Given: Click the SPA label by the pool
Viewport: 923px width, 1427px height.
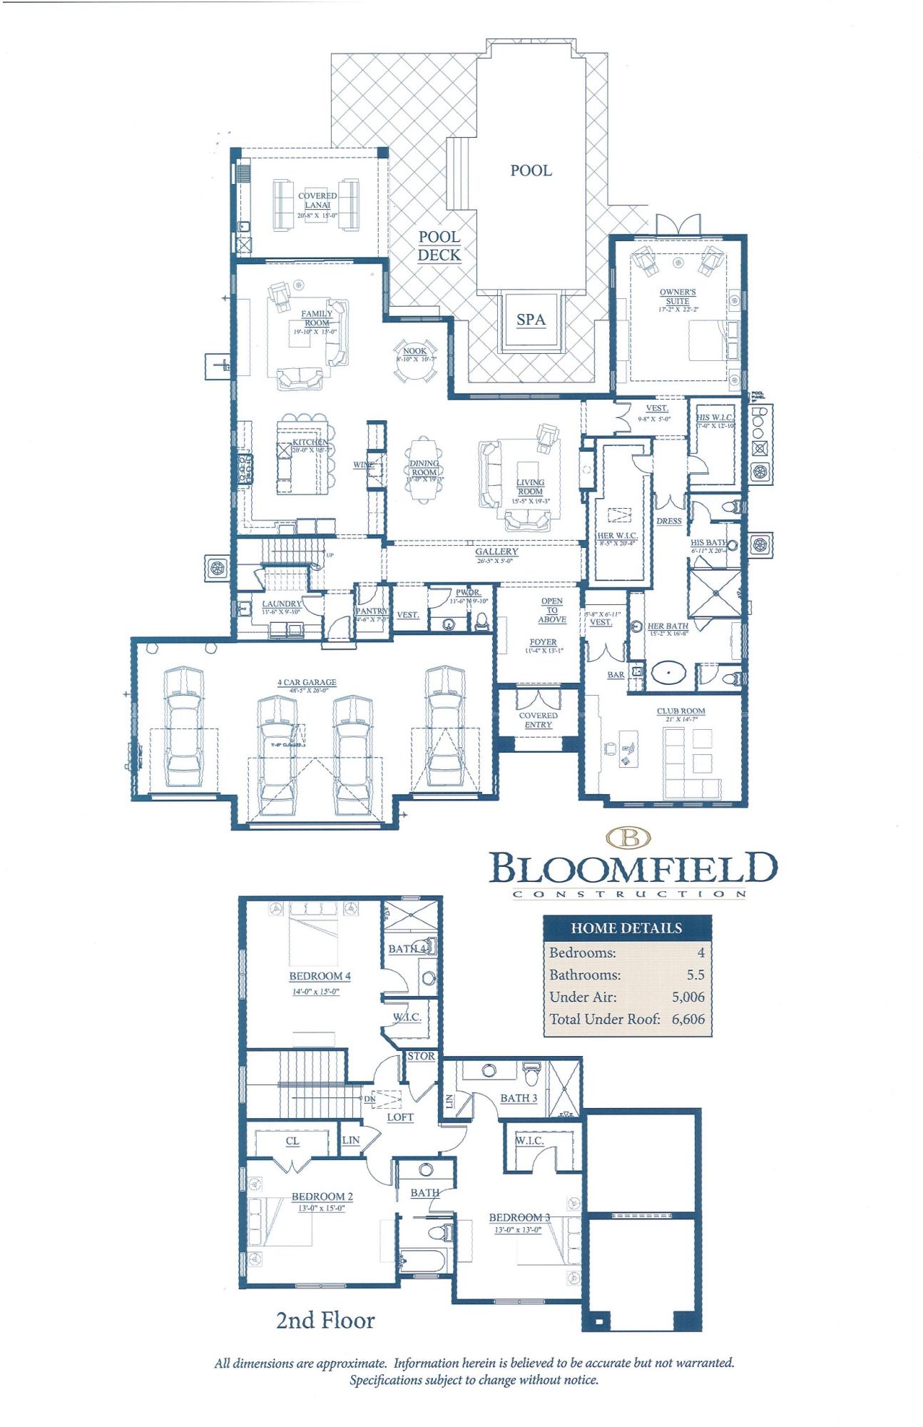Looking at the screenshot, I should point(531,320).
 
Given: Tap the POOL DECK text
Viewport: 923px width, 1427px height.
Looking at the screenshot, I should point(439,246).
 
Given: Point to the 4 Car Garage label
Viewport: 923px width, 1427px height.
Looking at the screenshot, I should point(306,683).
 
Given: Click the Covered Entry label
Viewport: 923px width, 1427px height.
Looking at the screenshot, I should point(538,720).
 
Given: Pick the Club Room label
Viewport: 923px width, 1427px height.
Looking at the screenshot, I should point(680,711).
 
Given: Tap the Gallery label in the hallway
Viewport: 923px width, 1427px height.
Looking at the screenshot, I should point(496,552).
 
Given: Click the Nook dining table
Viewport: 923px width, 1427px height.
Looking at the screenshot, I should point(414,354).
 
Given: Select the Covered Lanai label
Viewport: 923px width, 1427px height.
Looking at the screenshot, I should point(317,200).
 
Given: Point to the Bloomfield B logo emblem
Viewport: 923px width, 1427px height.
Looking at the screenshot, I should point(630,838).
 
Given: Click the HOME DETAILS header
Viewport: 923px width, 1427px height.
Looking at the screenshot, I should point(626,928).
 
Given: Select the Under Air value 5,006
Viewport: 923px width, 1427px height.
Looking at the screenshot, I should point(688,997).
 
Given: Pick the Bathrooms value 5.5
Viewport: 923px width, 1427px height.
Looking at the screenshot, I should point(695,975).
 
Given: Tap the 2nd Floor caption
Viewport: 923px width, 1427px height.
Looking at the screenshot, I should point(325,1321).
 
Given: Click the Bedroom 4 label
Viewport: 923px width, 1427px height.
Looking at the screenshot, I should point(320,976).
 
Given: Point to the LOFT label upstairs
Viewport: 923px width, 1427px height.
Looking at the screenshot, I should point(399,1117).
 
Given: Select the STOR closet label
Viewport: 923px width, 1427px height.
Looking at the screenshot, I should point(421,1056).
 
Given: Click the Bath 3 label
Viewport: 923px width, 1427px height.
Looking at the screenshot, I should point(519,1098).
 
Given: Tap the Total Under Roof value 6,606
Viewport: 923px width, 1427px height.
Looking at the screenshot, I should point(688,1019).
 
